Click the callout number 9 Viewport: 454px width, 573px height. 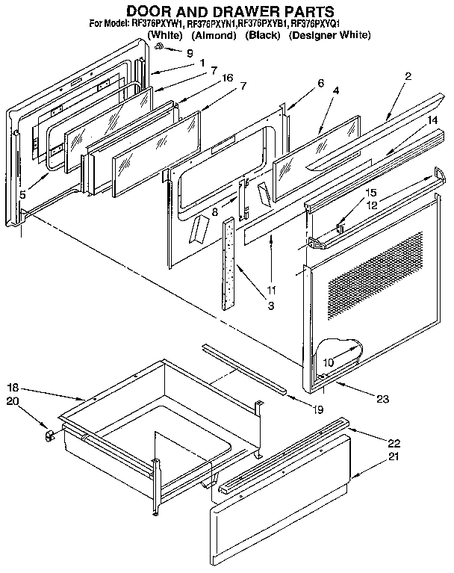(x=189, y=53)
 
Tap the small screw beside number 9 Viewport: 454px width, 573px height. (x=160, y=47)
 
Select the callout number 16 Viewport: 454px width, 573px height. (x=228, y=78)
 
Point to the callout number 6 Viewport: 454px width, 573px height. (x=320, y=83)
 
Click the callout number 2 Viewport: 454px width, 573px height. (x=408, y=76)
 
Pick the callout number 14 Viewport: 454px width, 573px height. (x=432, y=119)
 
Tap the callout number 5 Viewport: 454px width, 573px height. (x=22, y=195)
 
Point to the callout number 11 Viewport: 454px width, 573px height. (x=271, y=288)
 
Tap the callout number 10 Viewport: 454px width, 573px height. (x=327, y=363)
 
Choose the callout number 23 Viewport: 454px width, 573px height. (x=383, y=399)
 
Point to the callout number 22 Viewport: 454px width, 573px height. (x=394, y=443)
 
